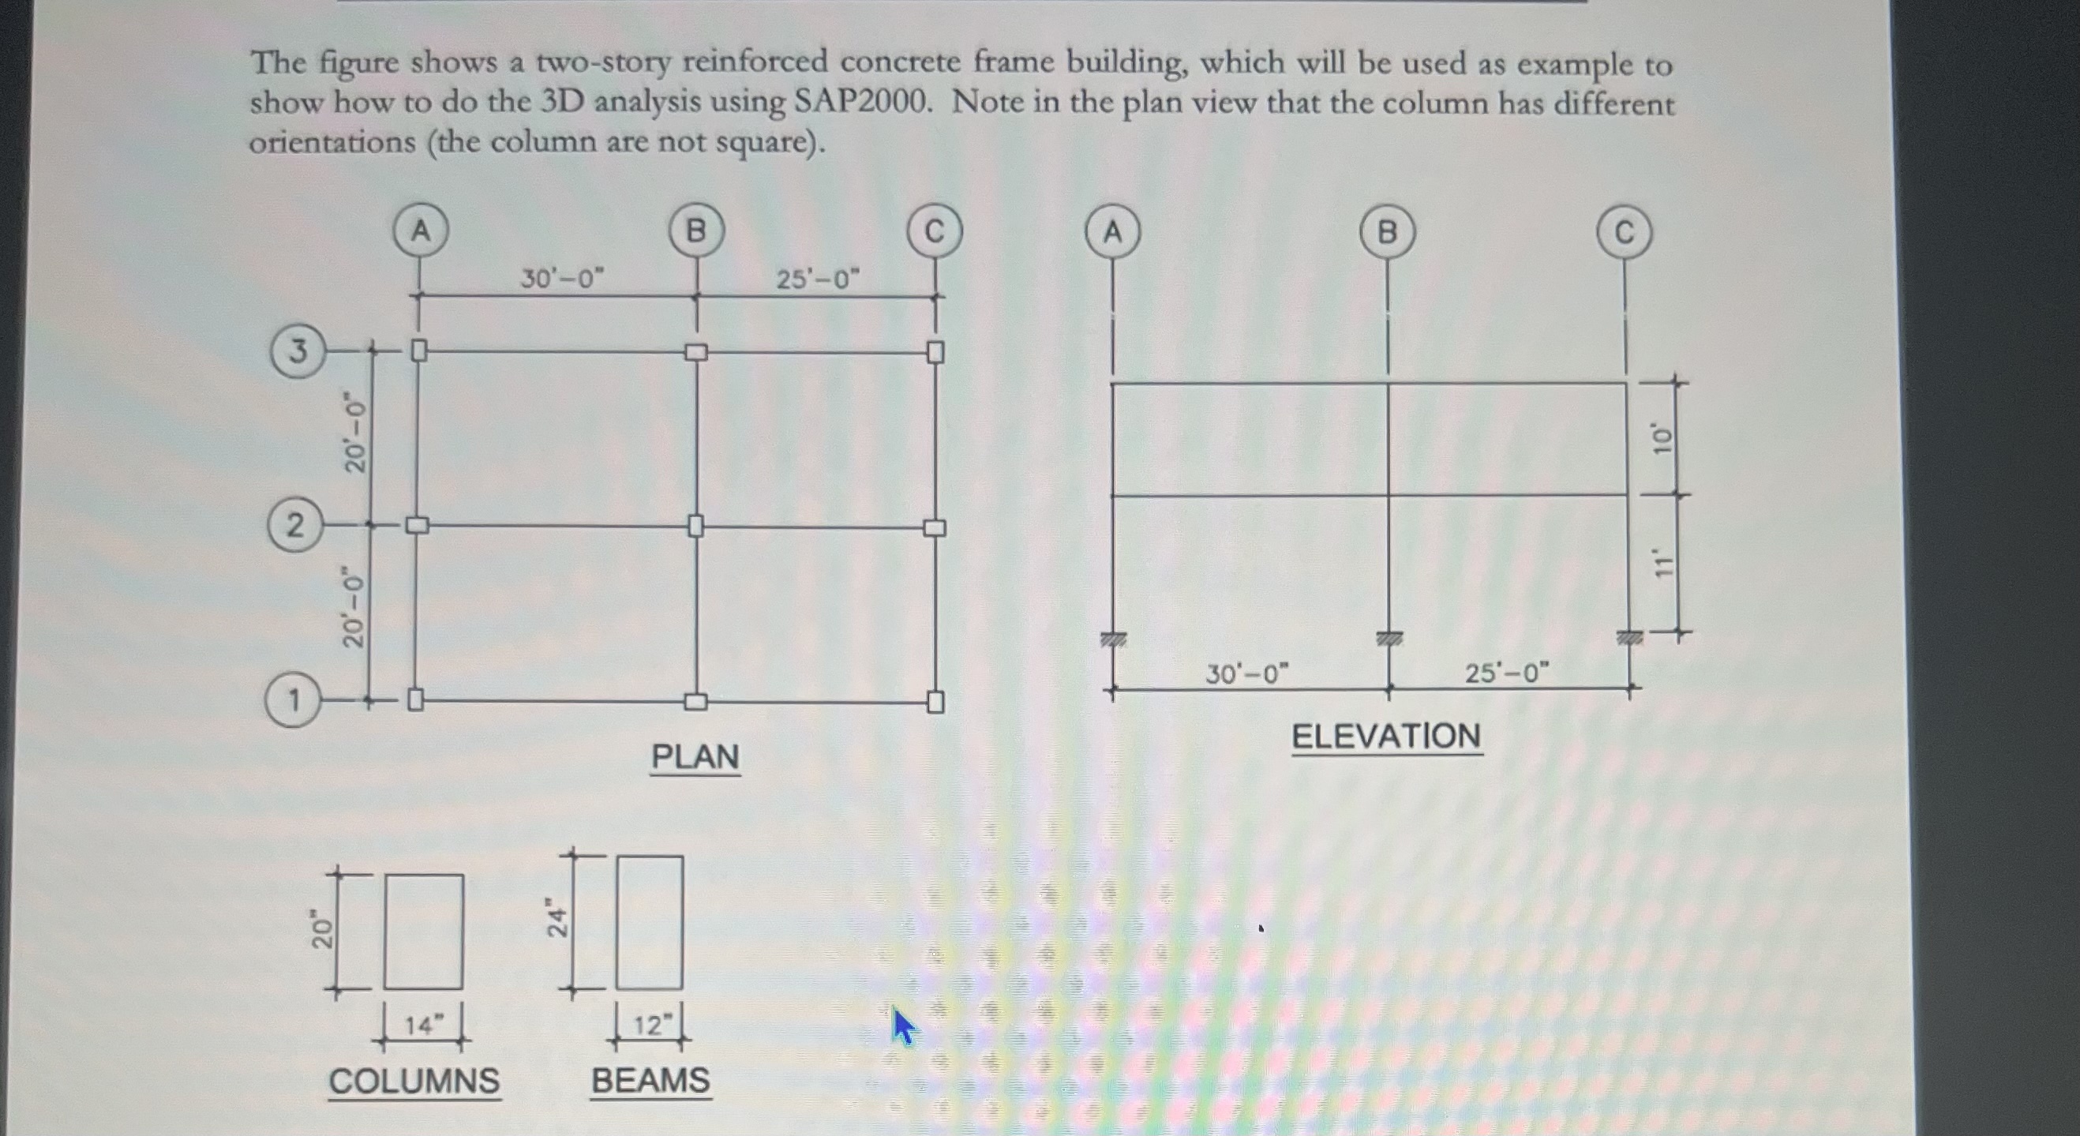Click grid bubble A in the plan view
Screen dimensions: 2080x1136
click(x=421, y=231)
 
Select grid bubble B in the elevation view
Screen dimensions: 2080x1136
click(x=1387, y=234)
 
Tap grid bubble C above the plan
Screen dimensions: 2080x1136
click(x=934, y=233)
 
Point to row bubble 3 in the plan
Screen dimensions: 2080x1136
click(x=298, y=351)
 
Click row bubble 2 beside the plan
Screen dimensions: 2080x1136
click(x=295, y=526)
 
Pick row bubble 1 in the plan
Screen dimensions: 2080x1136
click(x=293, y=700)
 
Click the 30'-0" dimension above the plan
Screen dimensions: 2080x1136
click(x=562, y=279)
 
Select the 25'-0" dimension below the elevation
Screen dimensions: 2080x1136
click(x=1508, y=673)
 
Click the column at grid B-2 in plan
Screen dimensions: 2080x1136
click(x=696, y=527)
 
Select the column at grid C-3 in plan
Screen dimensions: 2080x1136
click(x=935, y=353)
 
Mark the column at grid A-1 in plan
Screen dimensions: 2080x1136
click(x=415, y=699)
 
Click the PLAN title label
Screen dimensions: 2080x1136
click(x=695, y=757)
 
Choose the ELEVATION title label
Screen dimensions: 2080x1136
click(x=1386, y=737)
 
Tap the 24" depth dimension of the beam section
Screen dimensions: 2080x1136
click(x=557, y=919)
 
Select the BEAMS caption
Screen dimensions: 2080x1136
click(x=650, y=1080)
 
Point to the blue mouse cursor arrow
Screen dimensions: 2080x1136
click(x=903, y=1027)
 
